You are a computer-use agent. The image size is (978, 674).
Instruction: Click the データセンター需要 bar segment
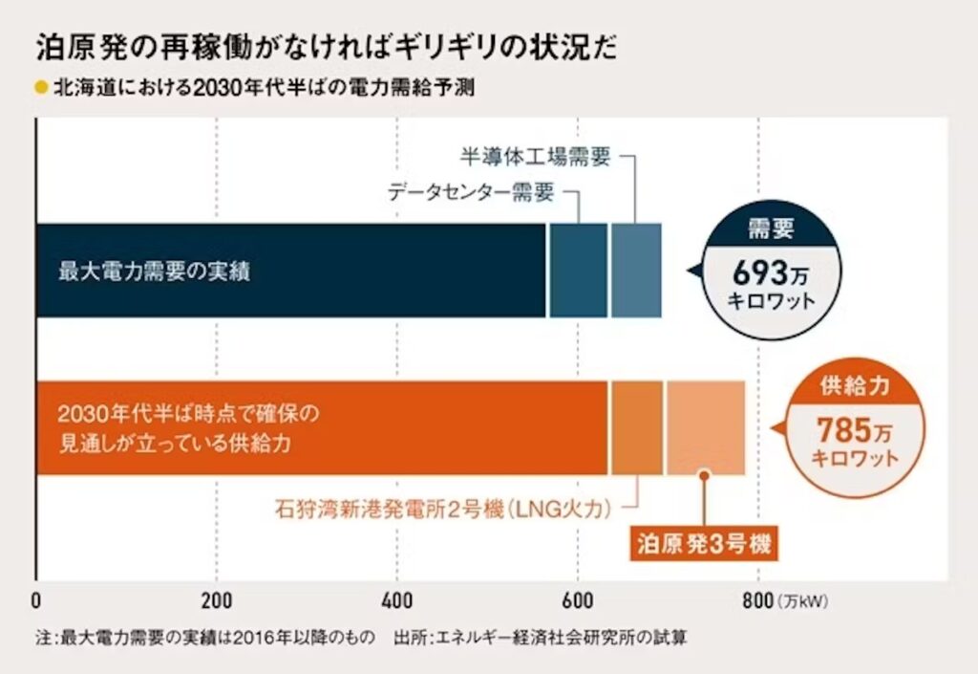pyautogui.click(x=577, y=271)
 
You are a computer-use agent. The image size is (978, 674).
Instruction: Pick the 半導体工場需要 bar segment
pyautogui.click(x=635, y=271)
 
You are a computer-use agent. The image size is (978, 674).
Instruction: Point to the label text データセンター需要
pyautogui.click(x=471, y=191)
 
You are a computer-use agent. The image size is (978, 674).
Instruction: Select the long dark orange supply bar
pyautogui.click(x=321, y=427)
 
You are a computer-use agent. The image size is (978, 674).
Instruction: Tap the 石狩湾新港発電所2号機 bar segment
pyautogui.click(x=636, y=427)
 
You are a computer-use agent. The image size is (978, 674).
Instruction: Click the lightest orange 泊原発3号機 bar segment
pyautogui.click(x=705, y=427)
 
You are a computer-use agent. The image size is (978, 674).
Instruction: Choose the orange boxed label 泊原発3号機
pyautogui.click(x=704, y=546)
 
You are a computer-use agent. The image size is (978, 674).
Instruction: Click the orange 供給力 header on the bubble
pyautogui.click(x=855, y=386)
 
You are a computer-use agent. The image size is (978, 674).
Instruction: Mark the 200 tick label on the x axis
pyautogui.click(x=217, y=601)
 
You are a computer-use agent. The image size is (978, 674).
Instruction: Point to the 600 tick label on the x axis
pyautogui.click(x=578, y=601)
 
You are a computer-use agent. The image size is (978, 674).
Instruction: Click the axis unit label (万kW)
pyautogui.click(x=805, y=602)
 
